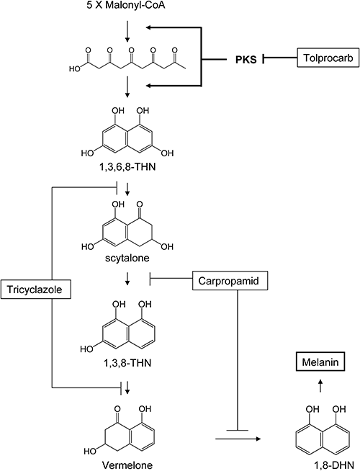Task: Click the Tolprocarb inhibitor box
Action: (x=328, y=58)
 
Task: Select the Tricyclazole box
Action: (x=36, y=290)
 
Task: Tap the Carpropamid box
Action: (x=230, y=281)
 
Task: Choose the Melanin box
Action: (x=320, y=362)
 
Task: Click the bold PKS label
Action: (x=246, y=60)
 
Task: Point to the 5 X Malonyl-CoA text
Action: (x=126, y=5)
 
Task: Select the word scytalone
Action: (x=127, y=258)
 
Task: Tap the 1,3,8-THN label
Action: (x=127, y=363)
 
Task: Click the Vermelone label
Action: (x=127, y=465)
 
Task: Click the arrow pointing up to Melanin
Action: (x=320, y=385)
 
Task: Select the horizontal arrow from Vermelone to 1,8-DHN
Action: (x=238, y=439)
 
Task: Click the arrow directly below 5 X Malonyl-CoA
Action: (x=127, y=31)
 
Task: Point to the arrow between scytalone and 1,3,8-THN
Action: (x=127, y=279)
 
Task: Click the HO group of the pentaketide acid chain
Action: (x=75, y=69)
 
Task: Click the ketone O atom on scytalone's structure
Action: (x=140, y=205)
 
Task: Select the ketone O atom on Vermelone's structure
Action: (x=117, y=409)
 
